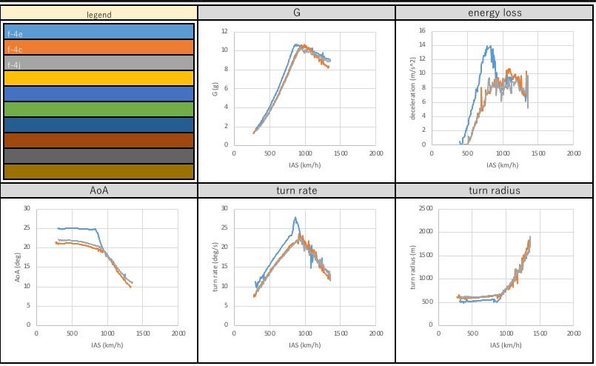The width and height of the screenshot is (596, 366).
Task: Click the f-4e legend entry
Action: click(99, 32)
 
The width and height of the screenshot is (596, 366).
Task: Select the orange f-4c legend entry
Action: click(99, 47)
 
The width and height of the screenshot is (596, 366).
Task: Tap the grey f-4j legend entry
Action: click(99, 63)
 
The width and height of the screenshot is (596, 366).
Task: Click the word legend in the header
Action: click(99, 14)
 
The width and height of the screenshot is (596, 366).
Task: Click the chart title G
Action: click(296, 13)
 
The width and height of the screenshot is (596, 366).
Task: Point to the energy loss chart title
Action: click(495, 13)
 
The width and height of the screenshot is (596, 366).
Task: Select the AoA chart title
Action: click(99, 190)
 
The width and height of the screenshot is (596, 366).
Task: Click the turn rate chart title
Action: click(296, 190)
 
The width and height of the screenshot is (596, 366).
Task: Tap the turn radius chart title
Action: click(495, 190)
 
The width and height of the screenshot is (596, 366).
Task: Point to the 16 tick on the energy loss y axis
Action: click(422, 30)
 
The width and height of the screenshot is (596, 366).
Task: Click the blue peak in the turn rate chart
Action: click(295, 217)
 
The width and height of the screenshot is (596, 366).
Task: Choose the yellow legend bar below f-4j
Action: click(99, 79)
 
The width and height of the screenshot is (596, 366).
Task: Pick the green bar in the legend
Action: click(99, 110)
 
